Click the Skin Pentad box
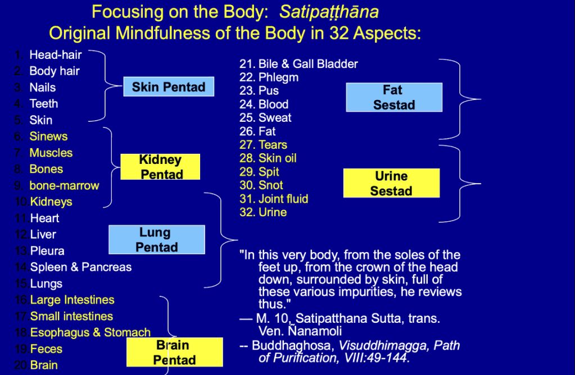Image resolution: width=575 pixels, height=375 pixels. pos(169,86)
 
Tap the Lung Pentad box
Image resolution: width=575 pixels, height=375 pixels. pos(157,240)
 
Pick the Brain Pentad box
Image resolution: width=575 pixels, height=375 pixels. pos(175,352)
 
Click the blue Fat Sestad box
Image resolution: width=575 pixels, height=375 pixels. pos(394,97)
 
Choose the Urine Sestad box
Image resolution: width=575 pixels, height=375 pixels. pos(391,184)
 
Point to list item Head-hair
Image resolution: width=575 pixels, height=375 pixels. pos(55,54)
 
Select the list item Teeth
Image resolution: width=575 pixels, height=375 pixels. pos(44,103)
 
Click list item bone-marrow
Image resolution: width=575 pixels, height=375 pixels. pos(64,185)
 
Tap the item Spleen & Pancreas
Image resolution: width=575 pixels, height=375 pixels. pos(81,267)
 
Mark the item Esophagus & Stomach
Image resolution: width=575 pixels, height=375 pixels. pos(90,332)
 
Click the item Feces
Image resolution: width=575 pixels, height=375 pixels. pos(46,349)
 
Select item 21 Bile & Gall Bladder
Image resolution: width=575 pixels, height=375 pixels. pos(299,64)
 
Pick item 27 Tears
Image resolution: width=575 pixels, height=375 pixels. pos(264,145)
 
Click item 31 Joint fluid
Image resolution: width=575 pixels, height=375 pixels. pos(274,199)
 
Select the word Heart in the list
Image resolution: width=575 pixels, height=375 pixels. pos(45,218)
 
